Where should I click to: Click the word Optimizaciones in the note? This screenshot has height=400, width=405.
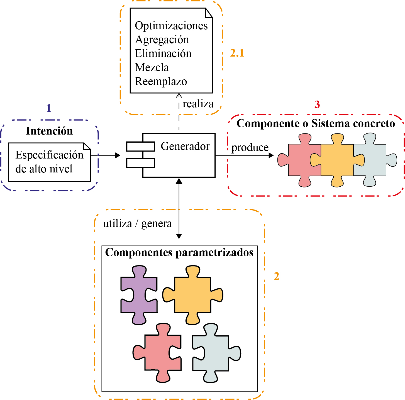tap(171, 26)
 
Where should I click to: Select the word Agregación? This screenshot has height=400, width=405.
tap(162, 40)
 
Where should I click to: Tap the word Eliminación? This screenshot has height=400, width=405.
tap(163, 53)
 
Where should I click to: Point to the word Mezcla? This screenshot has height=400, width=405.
tap(152, 67)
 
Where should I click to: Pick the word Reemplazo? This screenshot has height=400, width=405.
tap(161, 81)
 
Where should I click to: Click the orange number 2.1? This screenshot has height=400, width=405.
tap(237, 53)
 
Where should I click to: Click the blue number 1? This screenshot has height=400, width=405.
tap(49, 108)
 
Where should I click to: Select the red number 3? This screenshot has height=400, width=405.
tap(317, 105)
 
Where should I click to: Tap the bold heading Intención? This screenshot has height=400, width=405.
tap(49, 131)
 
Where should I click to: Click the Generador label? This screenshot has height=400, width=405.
tap(185, 146)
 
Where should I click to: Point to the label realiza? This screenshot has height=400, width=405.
tap(198, 104)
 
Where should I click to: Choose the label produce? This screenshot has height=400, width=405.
tap(250, 147)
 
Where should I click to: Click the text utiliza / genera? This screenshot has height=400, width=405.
tap(137, 224)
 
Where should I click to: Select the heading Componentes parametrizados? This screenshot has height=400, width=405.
tap(179, 252)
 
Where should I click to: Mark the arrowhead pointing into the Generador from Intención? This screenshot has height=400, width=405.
tap(118, 155)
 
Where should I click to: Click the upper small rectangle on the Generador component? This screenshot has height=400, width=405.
tap(140, 146)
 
